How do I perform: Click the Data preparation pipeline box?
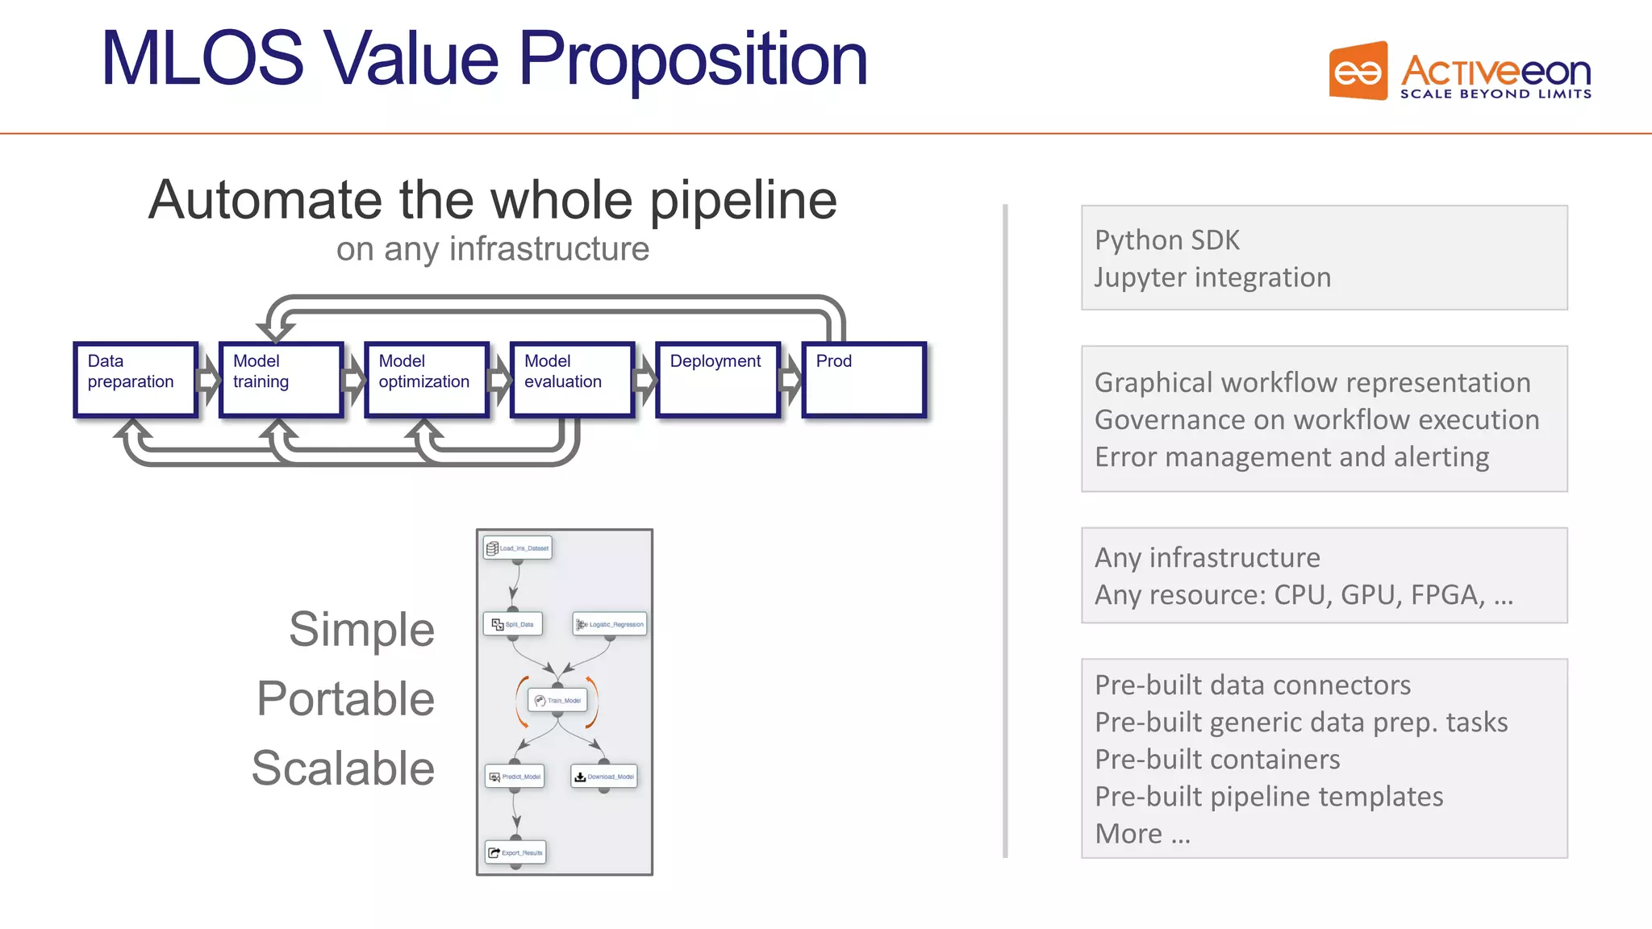point(136,380)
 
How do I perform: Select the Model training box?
point(281,380)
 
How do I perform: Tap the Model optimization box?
point(427,380)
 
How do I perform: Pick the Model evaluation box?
point(573,380)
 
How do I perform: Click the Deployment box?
point(718,380)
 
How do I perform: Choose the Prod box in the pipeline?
point(864,380)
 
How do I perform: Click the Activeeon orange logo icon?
point(1358,72)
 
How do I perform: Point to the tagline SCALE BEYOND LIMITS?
point(1496,94)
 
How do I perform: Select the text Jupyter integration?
point(1212,277)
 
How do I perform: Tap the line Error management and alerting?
point(1291,457)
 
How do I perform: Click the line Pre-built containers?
point(1217,760)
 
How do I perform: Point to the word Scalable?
point(343,768)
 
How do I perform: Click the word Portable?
point(345,698)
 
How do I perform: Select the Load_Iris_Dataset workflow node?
point(518,548)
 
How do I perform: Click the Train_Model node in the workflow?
point(557,700)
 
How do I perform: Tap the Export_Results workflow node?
point(515,852)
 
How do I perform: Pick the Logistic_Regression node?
point(610,624)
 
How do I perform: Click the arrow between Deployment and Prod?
point(791,380)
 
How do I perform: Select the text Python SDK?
point(1166,240)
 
